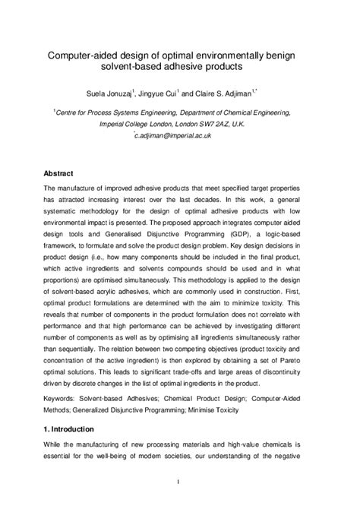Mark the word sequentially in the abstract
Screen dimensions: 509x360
(80, 349)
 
